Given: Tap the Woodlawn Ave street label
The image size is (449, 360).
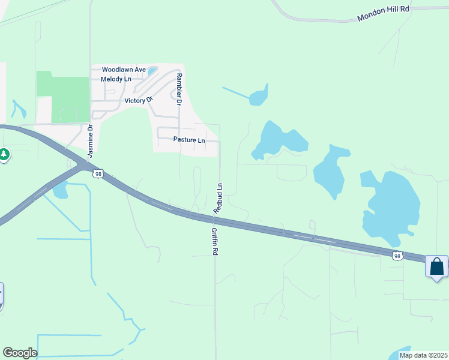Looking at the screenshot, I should click(x=124, y=70).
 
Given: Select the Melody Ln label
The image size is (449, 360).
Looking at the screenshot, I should click(x=116, y=79).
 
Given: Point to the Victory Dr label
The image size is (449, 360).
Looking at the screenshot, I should click(x=139, y=100).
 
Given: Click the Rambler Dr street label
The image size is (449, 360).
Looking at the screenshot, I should click(x=178, y=89).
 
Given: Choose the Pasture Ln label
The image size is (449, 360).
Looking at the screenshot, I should click(x=189, y=140).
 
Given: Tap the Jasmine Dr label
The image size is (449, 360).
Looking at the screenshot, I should click(x=91, y=141).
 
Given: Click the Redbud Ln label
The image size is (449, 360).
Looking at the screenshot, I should click(x=219, y=198).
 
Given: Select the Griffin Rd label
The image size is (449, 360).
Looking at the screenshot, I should click(x=214, y=241).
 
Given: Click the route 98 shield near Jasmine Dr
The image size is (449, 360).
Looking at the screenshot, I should click(x=98, y=173).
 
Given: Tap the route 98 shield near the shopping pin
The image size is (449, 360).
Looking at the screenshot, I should click(x=397, y=256).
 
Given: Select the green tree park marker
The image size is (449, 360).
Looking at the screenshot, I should click(x=4, y=155).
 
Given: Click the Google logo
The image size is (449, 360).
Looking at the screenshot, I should click(x=19, y=353).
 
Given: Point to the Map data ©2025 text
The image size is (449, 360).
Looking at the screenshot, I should click(x=423, y=355).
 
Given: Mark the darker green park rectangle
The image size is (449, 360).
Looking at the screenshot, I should click(x=62, y=97).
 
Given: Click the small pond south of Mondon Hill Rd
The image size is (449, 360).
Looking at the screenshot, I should click(x=259, y=97).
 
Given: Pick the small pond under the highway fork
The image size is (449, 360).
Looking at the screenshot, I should click(x=59, y=191).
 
